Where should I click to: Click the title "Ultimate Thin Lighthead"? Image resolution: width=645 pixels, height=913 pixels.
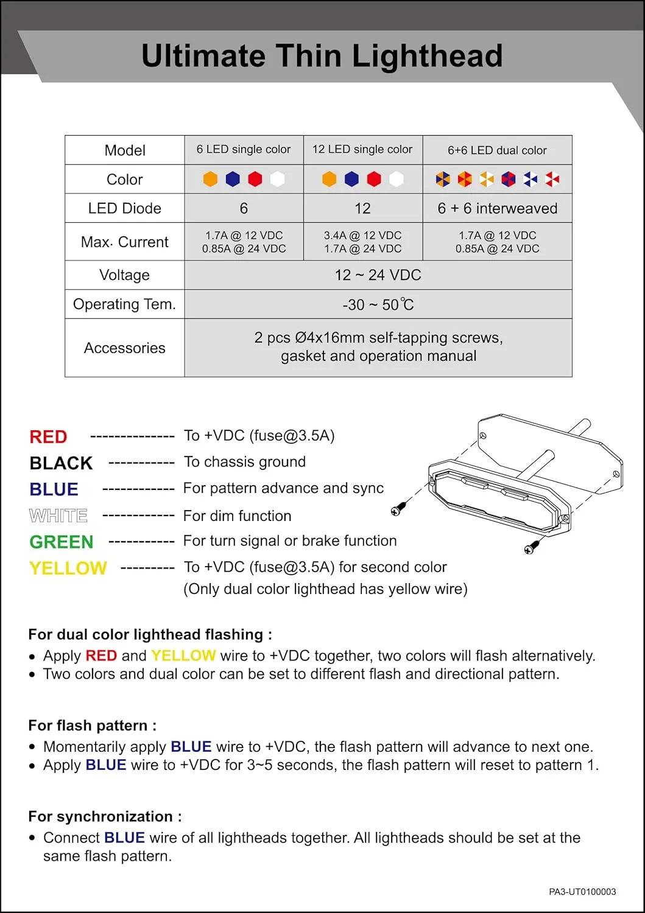pyautogui.click(x=322, y=56)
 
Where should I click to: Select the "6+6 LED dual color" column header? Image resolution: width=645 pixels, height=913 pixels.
pyautogui.click(x=497, y=150)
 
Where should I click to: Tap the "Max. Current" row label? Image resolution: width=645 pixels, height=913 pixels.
pyautogui.click(x=124, y=242)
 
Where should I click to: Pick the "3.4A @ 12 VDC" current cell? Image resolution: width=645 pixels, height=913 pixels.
pyautogui.click(x=362, y=236)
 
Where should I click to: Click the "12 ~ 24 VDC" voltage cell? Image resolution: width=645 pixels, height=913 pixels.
pyautogui.click(x=378, y=275)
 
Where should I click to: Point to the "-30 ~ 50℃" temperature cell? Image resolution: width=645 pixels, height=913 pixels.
pyautogui.click(x=378, y=304)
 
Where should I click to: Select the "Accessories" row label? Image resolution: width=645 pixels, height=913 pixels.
pyautogui.click(x=124, y=348)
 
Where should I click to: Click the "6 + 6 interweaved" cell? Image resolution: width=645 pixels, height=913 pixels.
pyautogui.click(x=497, y=209)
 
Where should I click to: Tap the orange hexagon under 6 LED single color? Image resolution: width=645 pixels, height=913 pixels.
pyautogui.click(x=210, y=179)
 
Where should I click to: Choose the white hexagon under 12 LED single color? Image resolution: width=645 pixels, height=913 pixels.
pyautogui.click(x=396, y=179)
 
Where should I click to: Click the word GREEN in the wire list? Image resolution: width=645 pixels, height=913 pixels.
pyautogui.click(x=61, y=542)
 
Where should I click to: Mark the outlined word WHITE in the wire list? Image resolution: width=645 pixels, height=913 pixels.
pyautogui.click(x=58, y=516)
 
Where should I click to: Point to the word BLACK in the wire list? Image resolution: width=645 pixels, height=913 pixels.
pyautogui.click(x=61, y=463)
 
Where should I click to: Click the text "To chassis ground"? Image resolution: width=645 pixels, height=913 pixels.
pyautogui.click(x=245, y=462)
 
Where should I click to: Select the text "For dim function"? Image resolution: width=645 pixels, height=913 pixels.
pyautogui.click(x=237, y=516)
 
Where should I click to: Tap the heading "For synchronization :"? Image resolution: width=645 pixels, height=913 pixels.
pyautogui.click(x=105, y=817)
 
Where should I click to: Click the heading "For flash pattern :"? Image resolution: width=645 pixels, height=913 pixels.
pyautogui.click(x=92, y=726)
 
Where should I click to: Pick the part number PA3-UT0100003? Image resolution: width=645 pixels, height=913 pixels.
pyautogui.click(x=582, y=892)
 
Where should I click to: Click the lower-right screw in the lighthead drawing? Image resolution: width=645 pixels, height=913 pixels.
pyautogui.click(x=532, y=547)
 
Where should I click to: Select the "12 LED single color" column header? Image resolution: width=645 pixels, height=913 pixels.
pyautogui.click(x=362, y=150)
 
